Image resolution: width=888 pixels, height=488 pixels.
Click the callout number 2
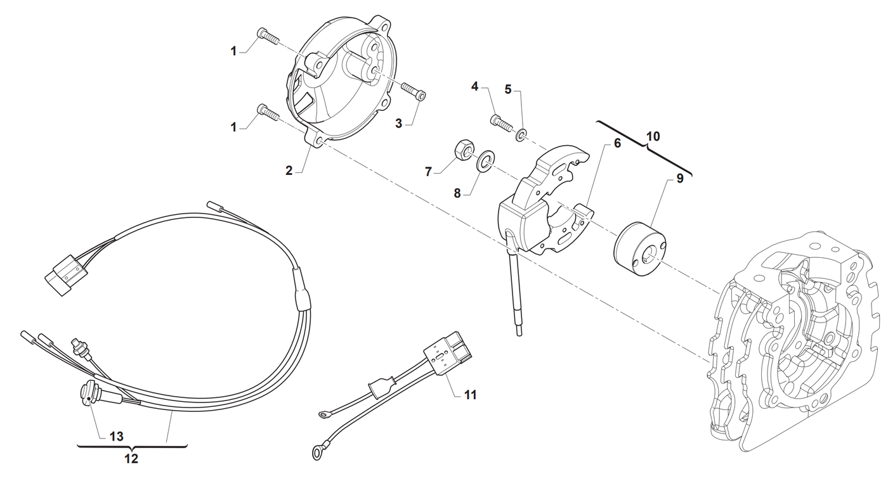pyautogui.click(x=289, y=170)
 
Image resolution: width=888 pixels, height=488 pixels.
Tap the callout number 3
pyautogui.click(x=398, y=124)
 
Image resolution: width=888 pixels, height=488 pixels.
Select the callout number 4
pyautogui.click(x=474, y=86)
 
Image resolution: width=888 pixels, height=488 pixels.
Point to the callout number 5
pyautogui.click(x=508, y=89)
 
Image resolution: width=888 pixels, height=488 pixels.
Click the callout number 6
pyautogui.click(x=617, y=143)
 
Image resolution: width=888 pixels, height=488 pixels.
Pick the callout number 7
pyautogui.click(x=428, y=172)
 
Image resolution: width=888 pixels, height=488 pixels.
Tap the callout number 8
pyautogui.click(x=457, y=194)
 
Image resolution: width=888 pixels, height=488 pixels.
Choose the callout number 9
pyautogui.click(x=680, y=179)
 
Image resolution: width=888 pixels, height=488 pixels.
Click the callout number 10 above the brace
pyautogui.click(x=653, y=136)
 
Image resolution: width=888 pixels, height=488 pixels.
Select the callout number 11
pyautogui.click(x=470, y=395)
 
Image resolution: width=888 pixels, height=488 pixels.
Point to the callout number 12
pyautogui.click(x=131, y=459)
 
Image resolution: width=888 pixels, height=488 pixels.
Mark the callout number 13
pyautogui.click(x=116, y=437)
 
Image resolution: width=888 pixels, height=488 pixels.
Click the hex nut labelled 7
pyautogui.click(x=462, y=148)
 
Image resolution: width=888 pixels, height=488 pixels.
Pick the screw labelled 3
pyautogui.click(x=414, y=91)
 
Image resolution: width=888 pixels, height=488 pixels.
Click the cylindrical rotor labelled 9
pyautogui.click(x=640, y=249)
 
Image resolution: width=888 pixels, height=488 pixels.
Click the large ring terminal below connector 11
pyautogui.click(x=317, y=453)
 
